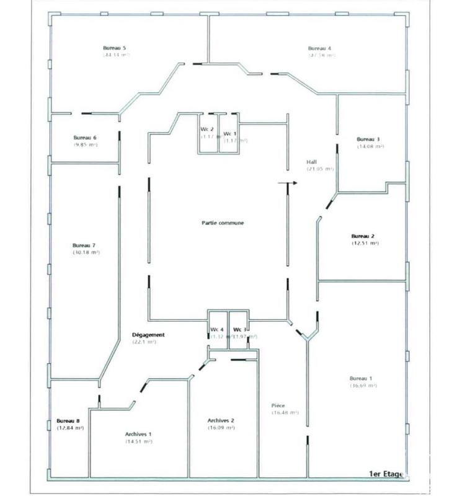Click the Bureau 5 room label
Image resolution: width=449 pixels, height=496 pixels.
coord(115,48)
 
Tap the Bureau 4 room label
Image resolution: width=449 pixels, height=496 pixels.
coord(320,48)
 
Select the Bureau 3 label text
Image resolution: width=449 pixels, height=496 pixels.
coord(368,139)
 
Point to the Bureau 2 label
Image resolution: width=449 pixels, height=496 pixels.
coord(363,236)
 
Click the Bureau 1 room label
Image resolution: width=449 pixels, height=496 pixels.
coord(362,378)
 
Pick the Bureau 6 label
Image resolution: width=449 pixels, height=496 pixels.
coord(85,137)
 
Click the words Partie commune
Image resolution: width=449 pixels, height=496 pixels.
coord(217,223)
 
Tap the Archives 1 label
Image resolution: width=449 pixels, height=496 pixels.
coord(138,434)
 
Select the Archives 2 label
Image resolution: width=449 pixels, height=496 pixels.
coord(221,420)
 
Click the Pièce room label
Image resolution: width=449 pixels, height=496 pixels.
coord(278,405)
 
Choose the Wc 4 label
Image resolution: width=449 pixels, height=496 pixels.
coord(216,329)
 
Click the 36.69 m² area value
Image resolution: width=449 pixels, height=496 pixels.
coord(363,385)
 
